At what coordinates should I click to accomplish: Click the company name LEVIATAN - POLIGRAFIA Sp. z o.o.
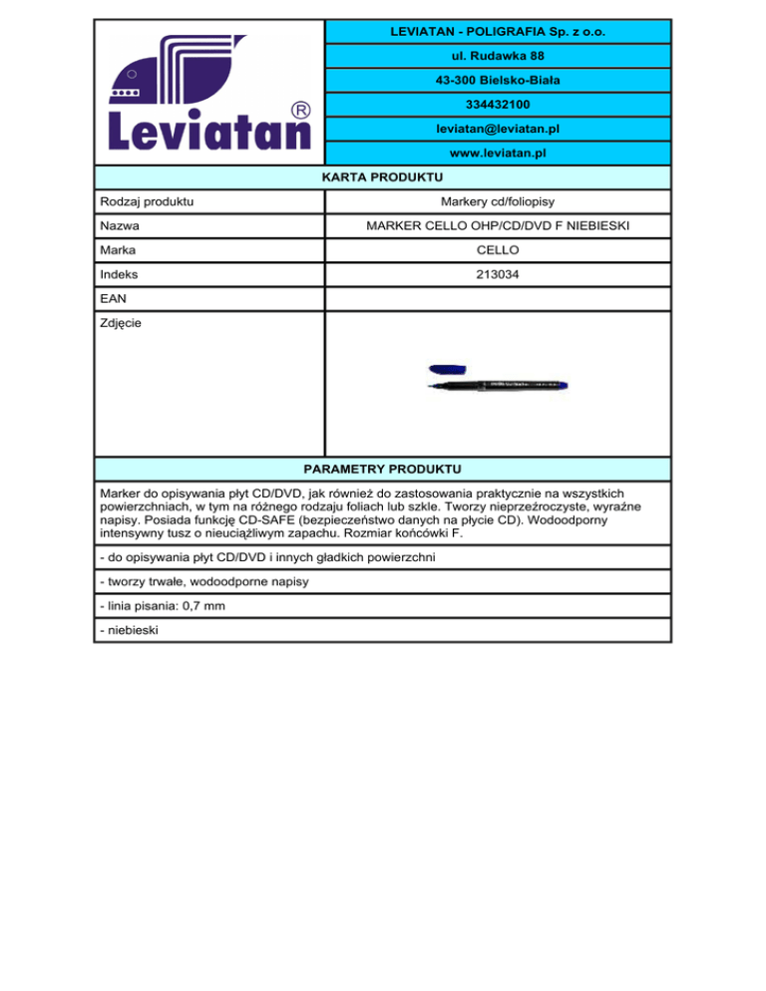pyautogui.click(x=497, y=33)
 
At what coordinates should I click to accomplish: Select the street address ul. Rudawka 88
pyautogui.click(x=497, y=56)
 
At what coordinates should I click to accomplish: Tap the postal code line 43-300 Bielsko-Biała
pyautogui.click(x=497, y=80)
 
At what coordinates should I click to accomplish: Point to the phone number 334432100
pyautogui.click(x=497, y=105)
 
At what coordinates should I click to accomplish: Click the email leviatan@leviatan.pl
pyautogui.click(x=497, y=129)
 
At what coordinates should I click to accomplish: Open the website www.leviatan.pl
pyautogui.click(x=497, y=154)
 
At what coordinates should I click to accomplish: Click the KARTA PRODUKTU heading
pyautogui.click(x=382, y=177)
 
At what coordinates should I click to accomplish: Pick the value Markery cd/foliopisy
pyautogui.click(x=497, y=202)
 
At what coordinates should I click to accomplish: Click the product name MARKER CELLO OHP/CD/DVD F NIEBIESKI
pyautogui.click(x=497, y=226)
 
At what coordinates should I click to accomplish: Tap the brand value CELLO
pyautogui.click(x=497, y=249)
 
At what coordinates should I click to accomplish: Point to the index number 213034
pyautogui.click(x=497, y=273)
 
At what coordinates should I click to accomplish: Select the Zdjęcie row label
pyautogui.click(x=120, y=322)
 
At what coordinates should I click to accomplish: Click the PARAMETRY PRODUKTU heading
pyautogui.click(x=382, y=467)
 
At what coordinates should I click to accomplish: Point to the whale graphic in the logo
pyautogui.click(x=190, y=75)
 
